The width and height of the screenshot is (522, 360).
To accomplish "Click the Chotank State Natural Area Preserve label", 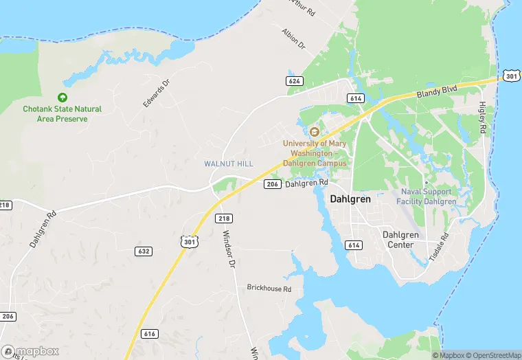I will coord(62,113).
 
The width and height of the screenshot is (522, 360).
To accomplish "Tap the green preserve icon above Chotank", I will coord(63,98).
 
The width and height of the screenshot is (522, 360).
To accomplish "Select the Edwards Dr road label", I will coord(155,94).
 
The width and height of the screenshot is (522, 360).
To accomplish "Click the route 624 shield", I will coord(295,81).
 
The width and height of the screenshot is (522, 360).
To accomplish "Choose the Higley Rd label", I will coord(482,119).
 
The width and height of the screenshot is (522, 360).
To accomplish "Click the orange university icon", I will coord(315,132).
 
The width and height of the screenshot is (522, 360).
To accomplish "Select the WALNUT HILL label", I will coord(228,164).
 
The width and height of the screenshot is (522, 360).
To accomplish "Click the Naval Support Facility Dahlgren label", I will coord(427,196).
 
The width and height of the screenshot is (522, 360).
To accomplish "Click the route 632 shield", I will coord(144,251).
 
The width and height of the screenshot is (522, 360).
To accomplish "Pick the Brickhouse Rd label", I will coord(269,289).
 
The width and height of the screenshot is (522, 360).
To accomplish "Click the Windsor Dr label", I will coord(229,249).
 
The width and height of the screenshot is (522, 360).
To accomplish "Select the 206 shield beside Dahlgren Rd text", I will coord(272,184).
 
